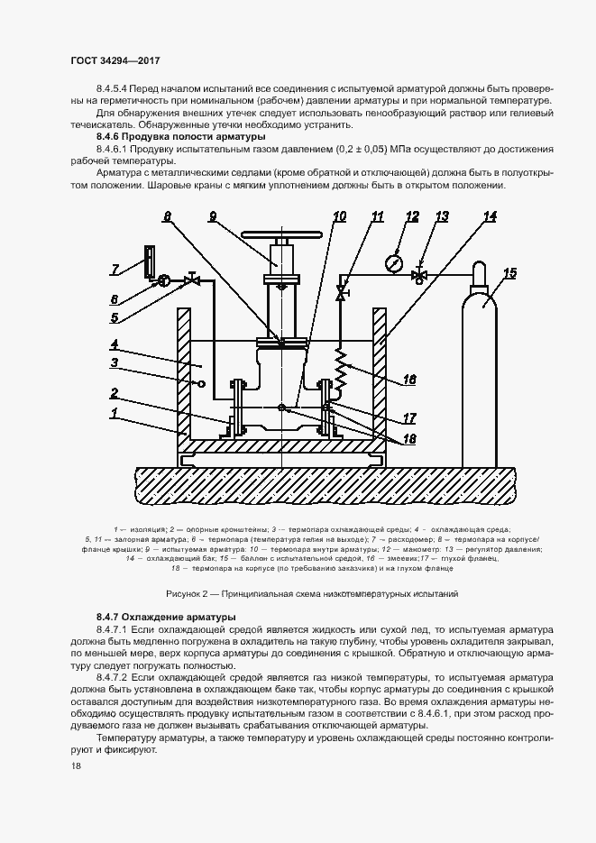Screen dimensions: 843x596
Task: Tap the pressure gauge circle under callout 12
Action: coord(393,263)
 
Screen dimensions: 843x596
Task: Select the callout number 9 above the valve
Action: coord(212,216)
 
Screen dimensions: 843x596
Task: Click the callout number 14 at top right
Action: coord(490,216)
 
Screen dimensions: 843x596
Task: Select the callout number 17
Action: coord(409,417)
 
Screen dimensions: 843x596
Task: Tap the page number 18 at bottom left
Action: coord(76,765)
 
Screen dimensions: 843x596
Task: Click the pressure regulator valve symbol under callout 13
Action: coord(418,277)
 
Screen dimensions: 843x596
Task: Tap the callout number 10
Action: coord(339,216)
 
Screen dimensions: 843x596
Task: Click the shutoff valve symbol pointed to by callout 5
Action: coord(191,281)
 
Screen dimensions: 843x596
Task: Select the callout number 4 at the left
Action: coord(115,344)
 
